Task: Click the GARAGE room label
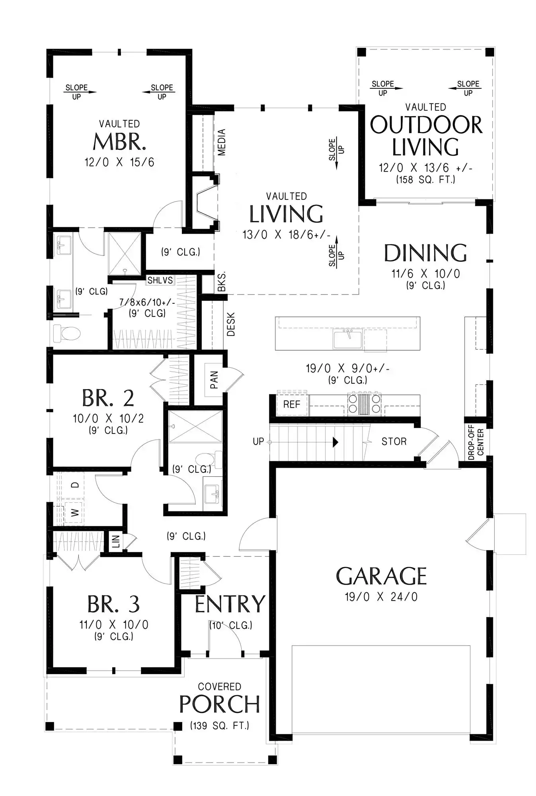pyautogui.click(x=381, y=576)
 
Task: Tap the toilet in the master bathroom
pyautogui.click(x=67, y=333)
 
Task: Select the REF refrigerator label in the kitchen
pyautogui.click(x=292, y=404)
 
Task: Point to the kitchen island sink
pyautogui.click(x=348, y=339)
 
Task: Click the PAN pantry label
pyautogui.click(x=214, y=380)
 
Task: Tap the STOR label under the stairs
pyautogui.click(x=394, y=441)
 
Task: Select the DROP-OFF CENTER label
pyautogui.click(x=476, y=442)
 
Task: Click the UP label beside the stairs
pyautogui.click(x=258, y=441)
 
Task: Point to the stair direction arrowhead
pyautogui.click(x=335, y=442)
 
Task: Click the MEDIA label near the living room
pyautogui.click(x=222, y=142)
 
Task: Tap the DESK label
pyautogui.click(x=231, y=324)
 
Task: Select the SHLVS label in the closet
pyautogui.click(x=160, y=280)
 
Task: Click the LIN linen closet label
pyautogui.click(x=116, y=541)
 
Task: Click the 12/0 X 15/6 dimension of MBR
pyautogui.click(x=119, y=162)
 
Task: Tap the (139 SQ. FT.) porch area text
pyautogui.click(x=220, y=726)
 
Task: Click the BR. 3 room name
pyautogui.click(x=113, y=604)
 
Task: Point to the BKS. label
pyautogui.click(x=222, y=282)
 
